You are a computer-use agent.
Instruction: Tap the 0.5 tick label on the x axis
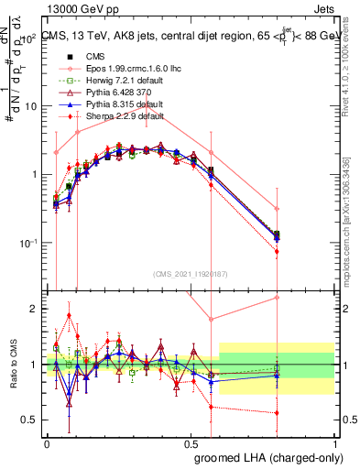coord(191,442)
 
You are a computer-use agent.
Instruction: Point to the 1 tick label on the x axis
coord(335,442)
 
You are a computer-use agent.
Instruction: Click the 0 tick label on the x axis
coord(47,442)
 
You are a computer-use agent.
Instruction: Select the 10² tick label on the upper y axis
coord(34,38)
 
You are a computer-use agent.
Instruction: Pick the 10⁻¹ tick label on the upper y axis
coord(32,243)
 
